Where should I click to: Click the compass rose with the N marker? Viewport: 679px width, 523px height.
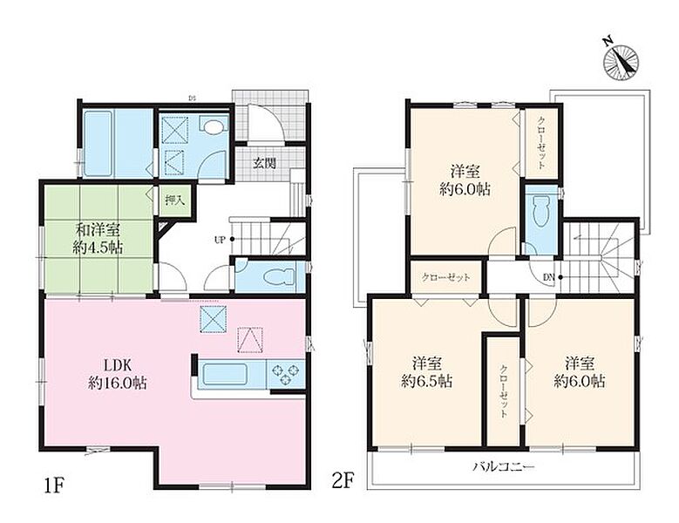621,61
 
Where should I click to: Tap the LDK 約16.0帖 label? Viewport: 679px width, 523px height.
118,374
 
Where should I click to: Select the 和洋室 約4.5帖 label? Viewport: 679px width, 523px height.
98,238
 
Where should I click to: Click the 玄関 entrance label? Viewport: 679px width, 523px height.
265,163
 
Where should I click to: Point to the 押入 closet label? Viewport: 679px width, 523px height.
174,200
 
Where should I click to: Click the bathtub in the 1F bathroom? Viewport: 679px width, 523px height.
98,143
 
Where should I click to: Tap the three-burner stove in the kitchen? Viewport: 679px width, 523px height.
285,374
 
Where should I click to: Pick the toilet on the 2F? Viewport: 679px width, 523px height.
541,211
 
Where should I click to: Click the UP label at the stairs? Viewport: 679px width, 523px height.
220,240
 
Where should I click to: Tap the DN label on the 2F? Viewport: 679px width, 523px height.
548,277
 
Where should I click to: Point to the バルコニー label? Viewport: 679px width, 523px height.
504,466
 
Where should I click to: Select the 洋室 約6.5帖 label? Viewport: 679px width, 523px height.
427,372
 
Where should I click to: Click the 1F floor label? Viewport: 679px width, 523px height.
54,483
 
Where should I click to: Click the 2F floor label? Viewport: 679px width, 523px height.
343,480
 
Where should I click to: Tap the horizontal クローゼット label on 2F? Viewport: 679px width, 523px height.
445,277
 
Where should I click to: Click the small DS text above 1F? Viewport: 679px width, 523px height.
191,98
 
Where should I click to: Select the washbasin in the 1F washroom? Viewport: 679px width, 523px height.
212,126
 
